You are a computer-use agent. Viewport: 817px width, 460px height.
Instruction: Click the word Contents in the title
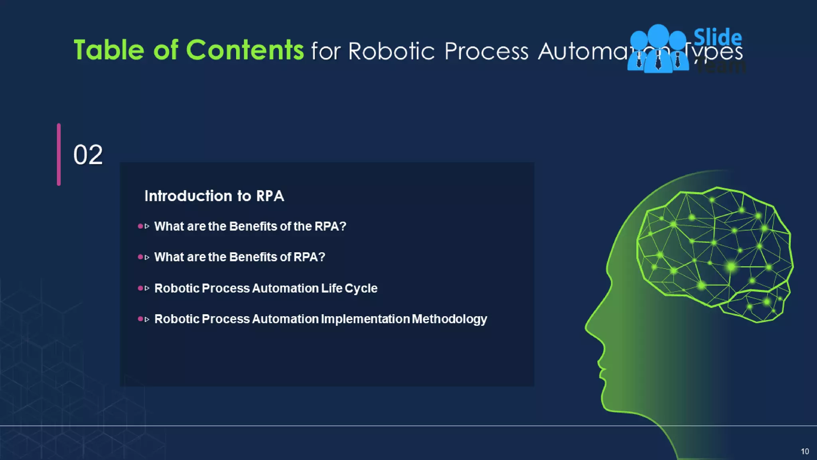[x=245, y=50]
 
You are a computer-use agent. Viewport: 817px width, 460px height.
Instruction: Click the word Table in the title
[x=109, y=50]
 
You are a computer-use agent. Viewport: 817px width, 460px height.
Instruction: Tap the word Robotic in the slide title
[x=391, y=51]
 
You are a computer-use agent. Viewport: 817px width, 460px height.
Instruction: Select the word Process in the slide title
[x=486, y=51]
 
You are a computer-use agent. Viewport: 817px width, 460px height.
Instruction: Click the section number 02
[x=88, y=155]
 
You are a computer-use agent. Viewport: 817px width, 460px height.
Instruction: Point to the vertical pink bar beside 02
[x=59, y=155]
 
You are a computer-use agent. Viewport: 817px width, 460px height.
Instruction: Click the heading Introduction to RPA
[x=214, y=196]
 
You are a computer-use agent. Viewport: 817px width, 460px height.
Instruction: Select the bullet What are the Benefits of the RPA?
[x=250, y=226]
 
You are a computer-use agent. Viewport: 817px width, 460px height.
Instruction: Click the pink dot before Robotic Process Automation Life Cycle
[x=140, y=288]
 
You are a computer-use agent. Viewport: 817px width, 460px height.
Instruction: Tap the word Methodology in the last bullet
[x=449, y=319]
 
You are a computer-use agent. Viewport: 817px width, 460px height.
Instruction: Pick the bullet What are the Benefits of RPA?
[x=239, y=257]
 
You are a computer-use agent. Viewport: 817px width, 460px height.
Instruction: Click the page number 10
[x=805, y=452]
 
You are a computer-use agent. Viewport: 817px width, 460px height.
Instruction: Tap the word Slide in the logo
[x=717, y=38]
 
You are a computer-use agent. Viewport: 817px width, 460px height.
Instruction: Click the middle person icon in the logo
[x=658, y=48]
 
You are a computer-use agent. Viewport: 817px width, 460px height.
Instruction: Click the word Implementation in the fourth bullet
[x=365, y=319]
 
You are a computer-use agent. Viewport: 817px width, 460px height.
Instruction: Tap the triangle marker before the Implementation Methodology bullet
[x=147, y=319]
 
